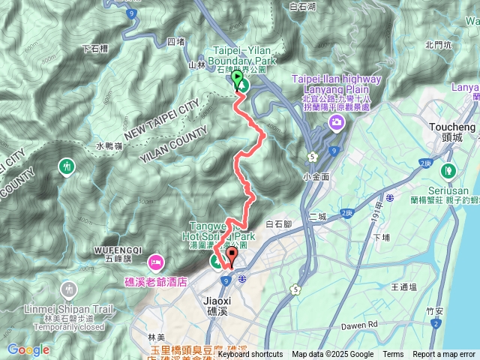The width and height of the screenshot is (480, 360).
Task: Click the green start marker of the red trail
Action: click(x=238, y=79)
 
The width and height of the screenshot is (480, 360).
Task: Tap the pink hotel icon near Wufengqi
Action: click(x=156, y=262)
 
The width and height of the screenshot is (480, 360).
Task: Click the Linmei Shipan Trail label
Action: click(x=70, y=308)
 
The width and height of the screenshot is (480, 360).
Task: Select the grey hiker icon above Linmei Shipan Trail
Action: click(x=70, y=289)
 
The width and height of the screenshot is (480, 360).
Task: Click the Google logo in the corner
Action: click(x=28, y=349)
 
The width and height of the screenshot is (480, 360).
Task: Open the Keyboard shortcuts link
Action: click(x=250, y=355)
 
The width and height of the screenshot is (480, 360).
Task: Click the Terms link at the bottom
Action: click(x=392, y=355)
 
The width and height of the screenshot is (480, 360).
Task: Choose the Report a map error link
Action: click(x=445, y=355)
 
